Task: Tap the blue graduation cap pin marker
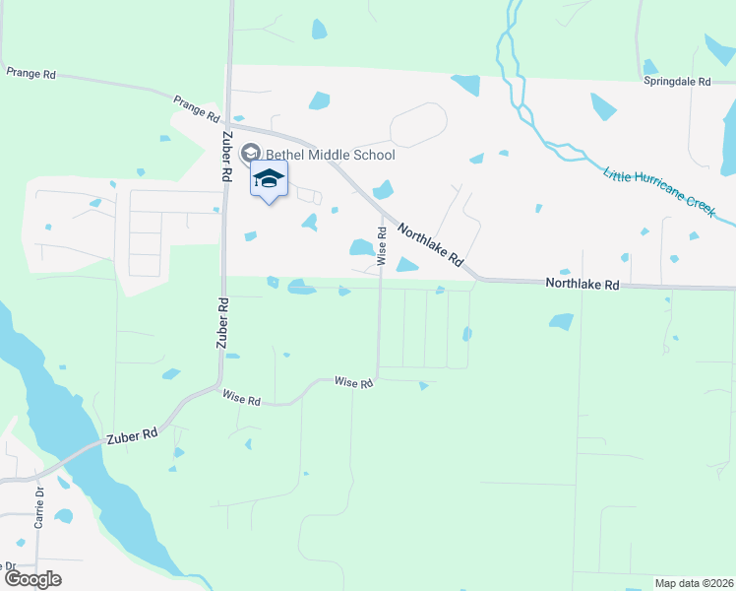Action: [x=269, y=178]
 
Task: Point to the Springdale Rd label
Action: [x=677, y=83]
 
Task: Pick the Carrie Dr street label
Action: [x=39, y=507]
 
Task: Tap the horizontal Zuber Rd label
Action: [x=134, y=434]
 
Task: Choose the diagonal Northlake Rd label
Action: [x=430, y=245]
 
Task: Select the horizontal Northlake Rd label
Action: [x=583, y=285]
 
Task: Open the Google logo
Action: [x=32, y=578]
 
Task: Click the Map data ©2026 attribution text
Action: [x=693, y=583]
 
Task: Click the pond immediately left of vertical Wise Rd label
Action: [x=361, y=247]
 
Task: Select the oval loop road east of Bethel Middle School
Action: [x=418, y=125]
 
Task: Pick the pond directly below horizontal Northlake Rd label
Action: [x=561, y=320]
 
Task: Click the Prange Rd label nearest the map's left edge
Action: [x=31, y=73]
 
